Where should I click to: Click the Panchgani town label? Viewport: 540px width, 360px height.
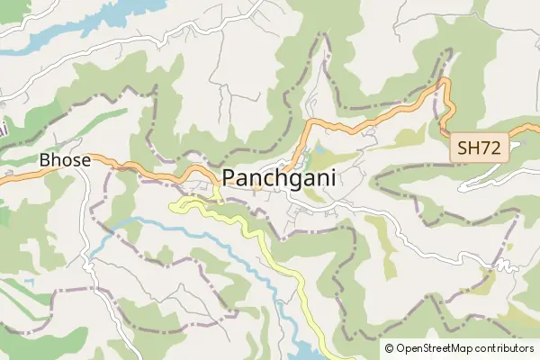pos(278,177)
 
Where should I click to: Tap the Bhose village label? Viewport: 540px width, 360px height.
pos(65,160)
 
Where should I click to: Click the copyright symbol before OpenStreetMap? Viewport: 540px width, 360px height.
pos(390,347)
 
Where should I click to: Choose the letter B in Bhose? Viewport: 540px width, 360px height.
pos(45,160)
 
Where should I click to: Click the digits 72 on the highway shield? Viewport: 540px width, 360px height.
pos(492,148)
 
